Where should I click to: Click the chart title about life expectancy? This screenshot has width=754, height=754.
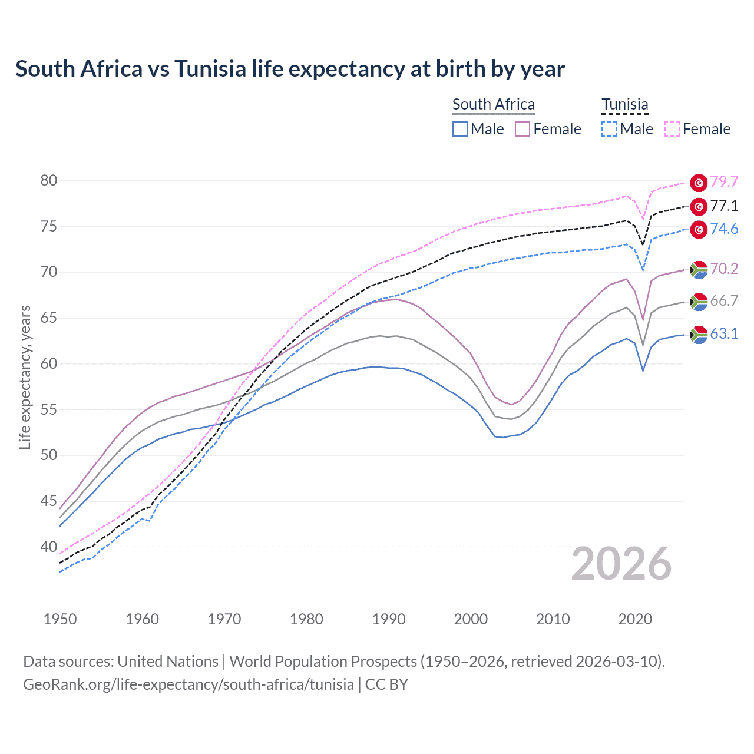point(290,69)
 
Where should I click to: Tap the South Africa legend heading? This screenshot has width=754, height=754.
point(493,105)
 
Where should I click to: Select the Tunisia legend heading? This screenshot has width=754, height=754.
point(624,105)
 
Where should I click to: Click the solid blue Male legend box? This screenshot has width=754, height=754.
point(460,129)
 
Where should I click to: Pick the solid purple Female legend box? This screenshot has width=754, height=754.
point(522,129)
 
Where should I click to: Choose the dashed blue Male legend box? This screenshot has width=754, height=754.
point(609,129)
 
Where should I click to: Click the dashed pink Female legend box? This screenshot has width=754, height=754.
point(672,129)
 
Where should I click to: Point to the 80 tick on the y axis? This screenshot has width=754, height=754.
point(49,180)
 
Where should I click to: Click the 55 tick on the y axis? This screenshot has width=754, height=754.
point(49,409)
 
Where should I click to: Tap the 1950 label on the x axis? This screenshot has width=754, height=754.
point(60,619)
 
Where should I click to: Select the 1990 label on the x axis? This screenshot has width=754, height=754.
point(389,619)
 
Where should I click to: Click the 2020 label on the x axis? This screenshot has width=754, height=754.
point(635,619)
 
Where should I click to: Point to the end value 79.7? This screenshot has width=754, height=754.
point(724,181)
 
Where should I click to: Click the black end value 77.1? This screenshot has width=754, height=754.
point(724,206)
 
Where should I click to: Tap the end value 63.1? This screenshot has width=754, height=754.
point(724,333)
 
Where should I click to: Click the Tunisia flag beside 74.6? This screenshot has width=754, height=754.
point(699,230)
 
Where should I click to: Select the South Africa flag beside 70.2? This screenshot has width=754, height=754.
point(699,269)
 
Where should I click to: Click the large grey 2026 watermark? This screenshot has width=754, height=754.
point(621,564)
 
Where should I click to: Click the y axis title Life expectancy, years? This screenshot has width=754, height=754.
point(25,377)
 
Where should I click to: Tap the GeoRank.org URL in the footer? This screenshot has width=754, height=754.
point(188,684)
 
